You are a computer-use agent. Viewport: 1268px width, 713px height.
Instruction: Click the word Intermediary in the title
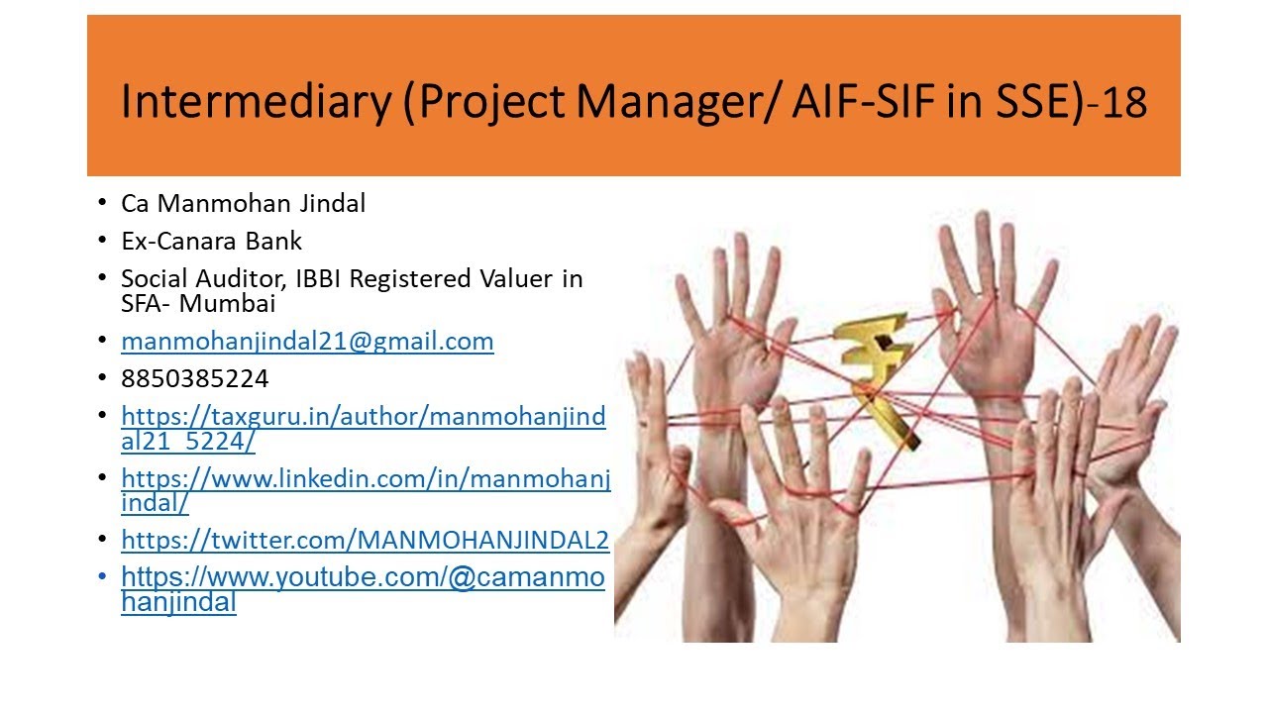[255, 102]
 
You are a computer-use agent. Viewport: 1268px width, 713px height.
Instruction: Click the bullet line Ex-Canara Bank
[211, 241]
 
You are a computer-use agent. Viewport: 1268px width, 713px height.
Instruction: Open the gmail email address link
[307, 342]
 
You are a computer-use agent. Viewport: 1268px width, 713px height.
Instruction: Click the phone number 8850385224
[194, 379]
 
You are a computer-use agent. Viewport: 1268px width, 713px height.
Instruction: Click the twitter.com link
[365, 540]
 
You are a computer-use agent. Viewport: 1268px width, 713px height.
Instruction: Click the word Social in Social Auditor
[152, 278]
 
